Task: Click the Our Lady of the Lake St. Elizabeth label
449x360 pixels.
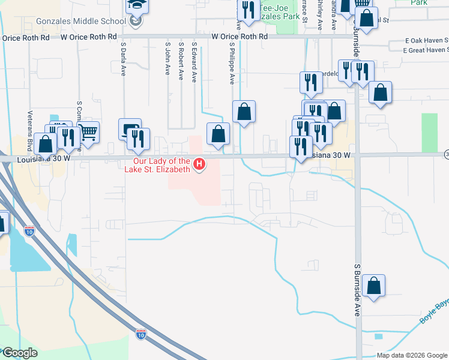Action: point(161,165)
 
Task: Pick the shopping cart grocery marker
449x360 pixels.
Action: point(88,132)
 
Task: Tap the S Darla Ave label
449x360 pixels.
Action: point(123,58)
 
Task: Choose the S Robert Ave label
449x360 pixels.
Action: point(181,60)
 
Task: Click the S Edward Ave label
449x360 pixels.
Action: point(194,61)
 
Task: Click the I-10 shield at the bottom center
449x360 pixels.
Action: point(141,332)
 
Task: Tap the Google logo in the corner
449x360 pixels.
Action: point(19,353)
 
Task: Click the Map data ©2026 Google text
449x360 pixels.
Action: point(412,355)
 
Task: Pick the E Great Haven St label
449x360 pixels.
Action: point(427,50)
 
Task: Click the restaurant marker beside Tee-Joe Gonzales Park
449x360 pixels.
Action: point(247,10)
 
